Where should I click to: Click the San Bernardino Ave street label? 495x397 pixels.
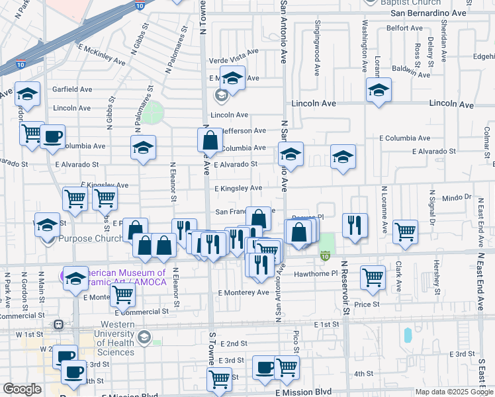428,13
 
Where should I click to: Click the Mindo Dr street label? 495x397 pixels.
456,197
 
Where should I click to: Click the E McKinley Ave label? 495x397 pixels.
101,54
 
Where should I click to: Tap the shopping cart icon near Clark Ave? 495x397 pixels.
405,232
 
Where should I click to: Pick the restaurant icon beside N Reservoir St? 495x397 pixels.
355,224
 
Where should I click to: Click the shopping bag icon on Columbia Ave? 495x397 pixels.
210,140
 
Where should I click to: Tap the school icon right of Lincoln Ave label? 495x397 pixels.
379,90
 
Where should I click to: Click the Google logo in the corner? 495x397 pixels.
22,389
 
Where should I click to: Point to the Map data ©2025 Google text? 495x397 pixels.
454,392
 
